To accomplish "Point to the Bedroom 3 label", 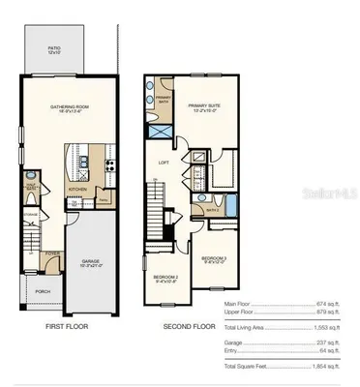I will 214,259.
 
